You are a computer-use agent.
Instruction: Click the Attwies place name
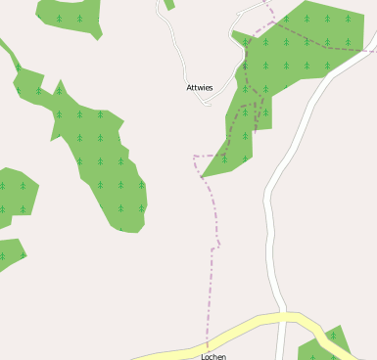click(200, 88)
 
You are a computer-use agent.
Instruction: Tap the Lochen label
click(212, 356)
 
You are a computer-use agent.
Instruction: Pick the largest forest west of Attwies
click(98, 157)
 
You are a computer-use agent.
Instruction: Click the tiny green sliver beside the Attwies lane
click(169, 4)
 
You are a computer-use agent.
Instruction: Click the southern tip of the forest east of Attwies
click(204, 176)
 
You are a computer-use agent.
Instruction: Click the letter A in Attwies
click(189, 88)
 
